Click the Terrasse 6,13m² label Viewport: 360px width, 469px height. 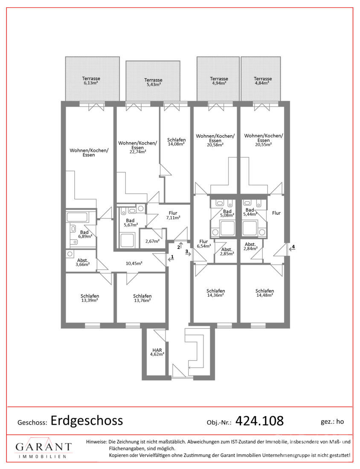coord(91,81)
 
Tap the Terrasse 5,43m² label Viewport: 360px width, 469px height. coord(153,82)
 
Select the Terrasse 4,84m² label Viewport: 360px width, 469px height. coord(263,81)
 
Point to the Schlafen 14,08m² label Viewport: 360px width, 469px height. coord(176,142)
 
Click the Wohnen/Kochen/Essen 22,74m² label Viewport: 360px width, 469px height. coord(137,147)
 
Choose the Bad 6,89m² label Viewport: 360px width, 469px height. coord(85,234)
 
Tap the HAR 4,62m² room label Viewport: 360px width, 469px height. coord(157,352)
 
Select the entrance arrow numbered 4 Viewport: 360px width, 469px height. coord(292,248)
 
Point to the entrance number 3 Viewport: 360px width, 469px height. coord(187,252)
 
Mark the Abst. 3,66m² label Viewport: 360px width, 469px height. coord(83,262)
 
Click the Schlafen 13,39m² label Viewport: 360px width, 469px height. coord(90,298)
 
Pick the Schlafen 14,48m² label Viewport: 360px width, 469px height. coord(264,293)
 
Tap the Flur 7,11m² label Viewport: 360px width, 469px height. coord(173,215)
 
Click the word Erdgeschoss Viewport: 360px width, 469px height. coord(87,420)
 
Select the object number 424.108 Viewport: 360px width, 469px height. coord(259,421)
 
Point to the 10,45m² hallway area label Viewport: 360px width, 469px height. coord(134,263)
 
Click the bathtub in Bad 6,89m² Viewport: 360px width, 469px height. coord(77,217)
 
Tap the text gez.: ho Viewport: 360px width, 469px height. coord(332,422)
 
